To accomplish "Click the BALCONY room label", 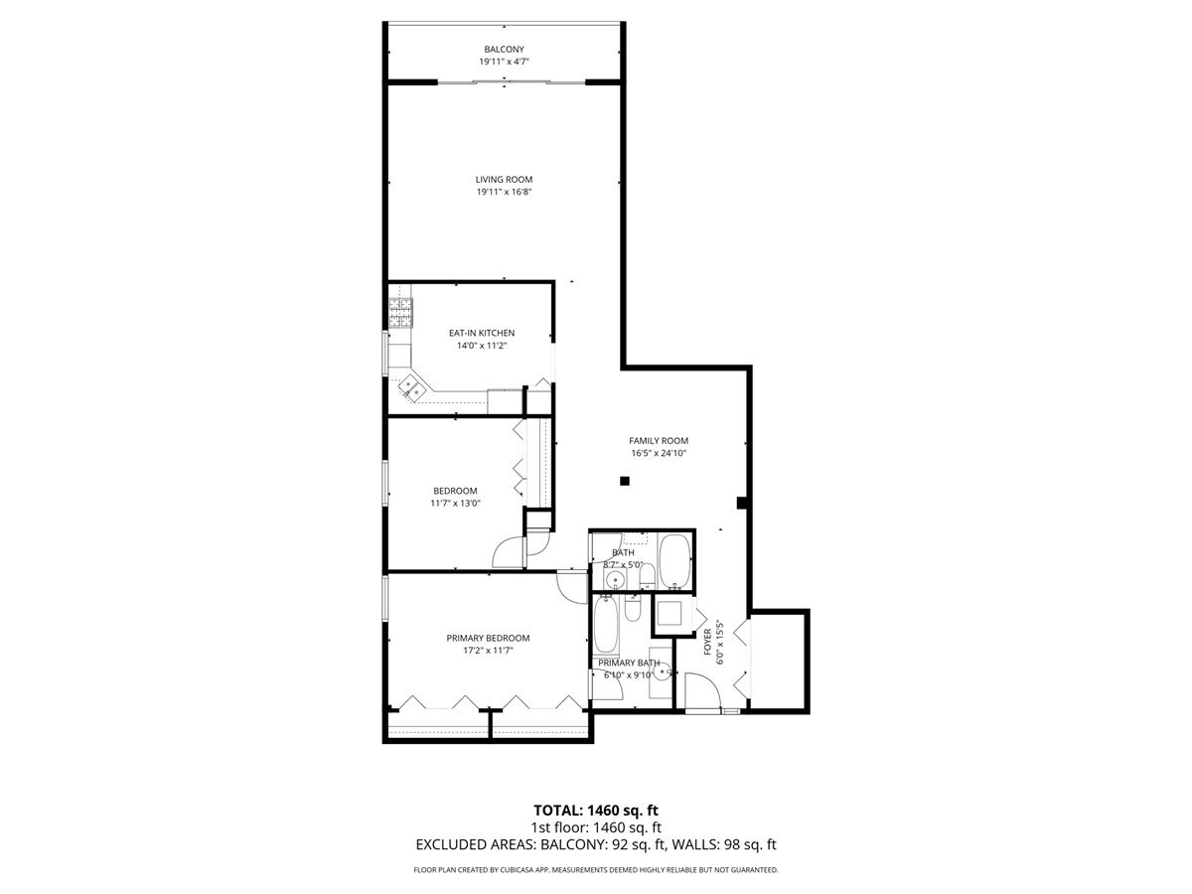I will coord(504,49).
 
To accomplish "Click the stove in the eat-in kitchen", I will coord(399,313).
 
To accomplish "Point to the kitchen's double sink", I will coord(411,390).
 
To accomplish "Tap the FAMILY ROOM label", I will coord(658,441).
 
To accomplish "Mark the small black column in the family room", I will coord(625,482).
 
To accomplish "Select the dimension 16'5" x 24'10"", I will coord(659,454).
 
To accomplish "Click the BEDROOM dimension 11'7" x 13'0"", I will coord(454,504).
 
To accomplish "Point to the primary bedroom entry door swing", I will coord(573,587).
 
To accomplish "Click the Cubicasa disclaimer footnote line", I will coord(595,870).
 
